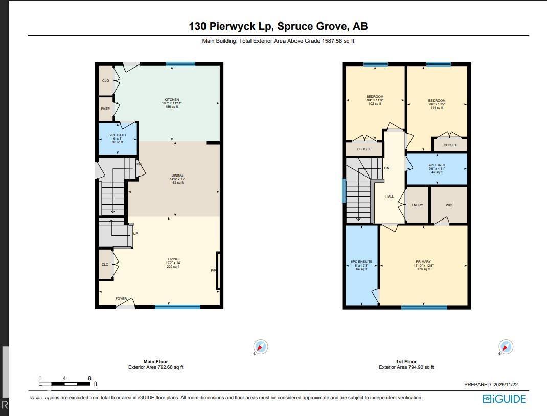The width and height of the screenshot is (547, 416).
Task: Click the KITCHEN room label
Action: click(x=172, y=100)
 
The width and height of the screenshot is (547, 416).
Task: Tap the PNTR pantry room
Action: click(x=105, y=108)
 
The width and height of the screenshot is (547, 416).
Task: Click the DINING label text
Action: click(x=177, y=176)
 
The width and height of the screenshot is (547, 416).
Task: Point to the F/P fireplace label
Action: click(x=214, y=270)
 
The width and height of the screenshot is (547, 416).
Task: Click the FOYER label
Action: click(x=121, y=298)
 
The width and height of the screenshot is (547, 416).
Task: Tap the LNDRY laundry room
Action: click(x=417, y=205)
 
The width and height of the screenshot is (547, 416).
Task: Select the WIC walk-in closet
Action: click(x=449, y=205)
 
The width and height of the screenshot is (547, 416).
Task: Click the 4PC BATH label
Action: click(x=437, y=165)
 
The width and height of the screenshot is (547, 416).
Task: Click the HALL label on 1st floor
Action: click(x=390, y=196)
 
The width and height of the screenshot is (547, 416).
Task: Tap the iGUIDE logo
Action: click(x=504, y=399)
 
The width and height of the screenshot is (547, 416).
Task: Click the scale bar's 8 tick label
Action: click(x=89, y=378)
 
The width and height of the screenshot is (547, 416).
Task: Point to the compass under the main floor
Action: click(x=261, y=347)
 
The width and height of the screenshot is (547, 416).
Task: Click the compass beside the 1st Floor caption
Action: click(x=506, y=347)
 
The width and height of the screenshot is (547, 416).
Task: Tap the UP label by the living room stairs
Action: click(x=135, y=233)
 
